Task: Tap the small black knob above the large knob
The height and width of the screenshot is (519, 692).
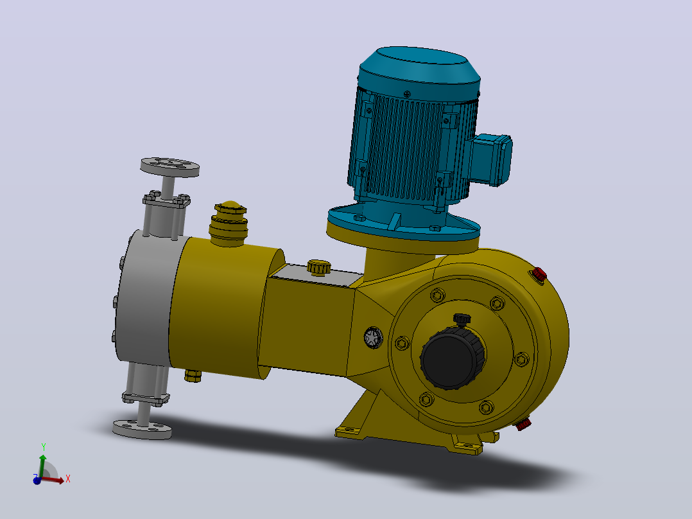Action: (462, 319)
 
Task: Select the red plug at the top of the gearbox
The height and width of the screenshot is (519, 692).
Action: (539, 275)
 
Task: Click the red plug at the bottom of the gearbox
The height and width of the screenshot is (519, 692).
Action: (523, 425)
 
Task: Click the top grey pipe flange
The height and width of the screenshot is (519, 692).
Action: (170, 167)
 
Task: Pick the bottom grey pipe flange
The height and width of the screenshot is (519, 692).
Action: (142, 429)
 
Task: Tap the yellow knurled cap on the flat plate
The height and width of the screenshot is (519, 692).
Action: (318, 267)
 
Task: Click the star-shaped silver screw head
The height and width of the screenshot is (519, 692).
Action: (374, 338)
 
